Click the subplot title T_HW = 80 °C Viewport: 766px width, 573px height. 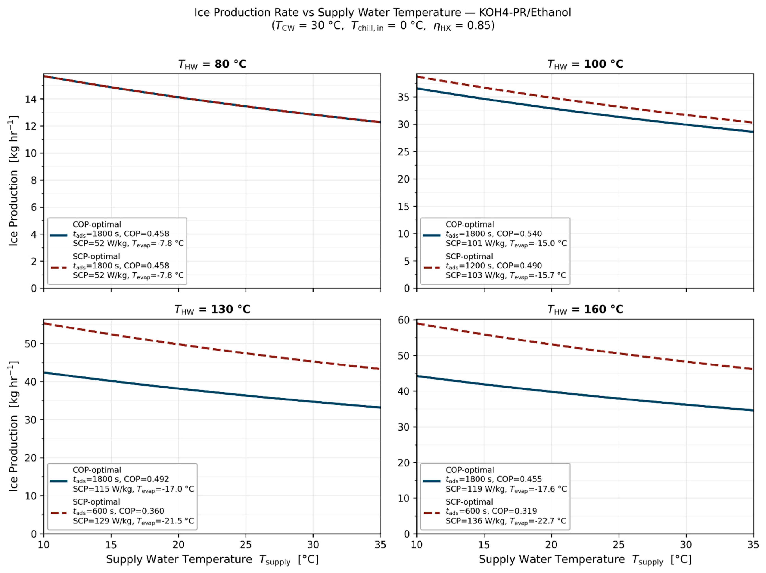[212, 65]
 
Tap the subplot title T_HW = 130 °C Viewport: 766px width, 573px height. [212, 309]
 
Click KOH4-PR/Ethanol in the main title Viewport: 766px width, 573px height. [525, 12]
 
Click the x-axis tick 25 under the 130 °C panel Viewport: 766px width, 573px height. [246, 545]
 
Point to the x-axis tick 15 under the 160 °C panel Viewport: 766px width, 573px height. [484, 545]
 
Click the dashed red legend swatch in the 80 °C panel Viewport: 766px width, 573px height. [59, 268]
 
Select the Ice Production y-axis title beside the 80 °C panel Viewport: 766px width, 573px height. [13, 181]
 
